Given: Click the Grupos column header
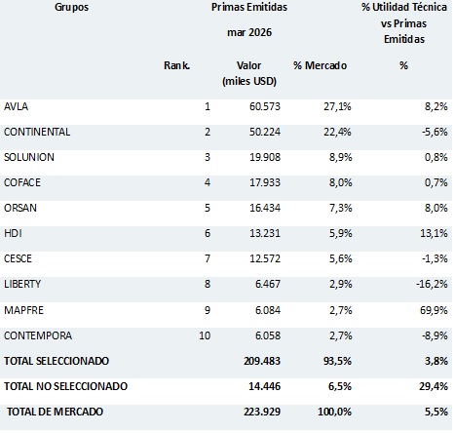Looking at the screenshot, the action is [x=71, y=7].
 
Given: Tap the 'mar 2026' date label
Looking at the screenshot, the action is [x=249, y=32].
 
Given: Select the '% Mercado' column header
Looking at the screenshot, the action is [x=320, y=65].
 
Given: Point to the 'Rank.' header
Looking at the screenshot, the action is [x=176, y=65].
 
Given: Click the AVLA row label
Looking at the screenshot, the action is [x=16, y=106].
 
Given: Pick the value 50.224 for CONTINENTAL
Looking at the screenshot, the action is [x=265, y=132].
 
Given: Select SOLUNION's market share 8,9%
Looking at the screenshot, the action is [x=340, y=157].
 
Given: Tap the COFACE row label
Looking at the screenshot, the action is [x=22, y=182].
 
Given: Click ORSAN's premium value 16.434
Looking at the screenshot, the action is [x=265, y=208].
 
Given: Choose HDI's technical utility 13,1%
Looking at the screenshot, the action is [x=434, y=233].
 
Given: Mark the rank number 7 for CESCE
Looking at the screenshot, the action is [x=208, y=258].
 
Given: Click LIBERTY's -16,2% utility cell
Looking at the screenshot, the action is [x=432, y=284].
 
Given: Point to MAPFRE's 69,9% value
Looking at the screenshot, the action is [x=434, y=310].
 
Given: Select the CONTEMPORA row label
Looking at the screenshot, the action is [x=38, y=335].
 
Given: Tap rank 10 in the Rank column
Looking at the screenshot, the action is [x=205, y=335].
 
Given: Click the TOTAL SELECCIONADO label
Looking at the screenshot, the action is [x=57, y=361].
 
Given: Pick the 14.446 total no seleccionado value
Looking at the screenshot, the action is [x=264, y=386].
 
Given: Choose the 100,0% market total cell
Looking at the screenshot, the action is [x=334, y=412].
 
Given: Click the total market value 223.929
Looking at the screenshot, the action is [x=262, y=412].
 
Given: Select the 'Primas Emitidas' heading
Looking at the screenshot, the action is [x=249, y=7].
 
